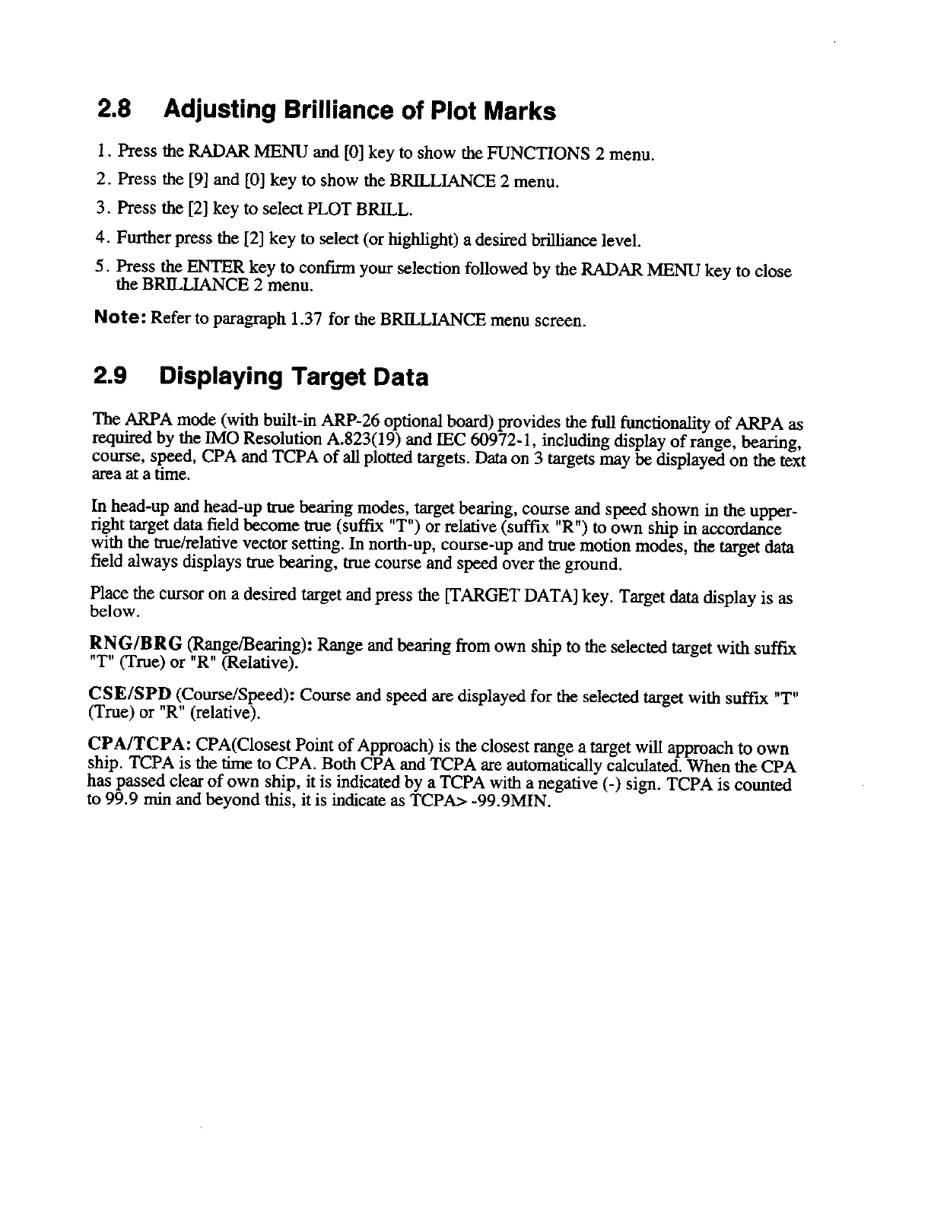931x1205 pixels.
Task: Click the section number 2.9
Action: (x=110, y=377)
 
